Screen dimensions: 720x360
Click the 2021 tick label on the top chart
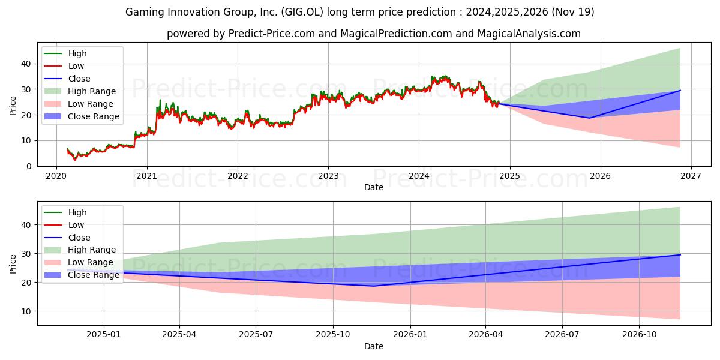pyautogui.click(x=147, y=176)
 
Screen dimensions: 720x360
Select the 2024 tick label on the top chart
pyautogui.click(x=419, y=176)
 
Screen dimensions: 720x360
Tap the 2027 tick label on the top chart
pyautogui.click(x=691, y=176)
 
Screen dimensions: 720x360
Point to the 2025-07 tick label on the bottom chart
pyautogui.click(x=256, y=335)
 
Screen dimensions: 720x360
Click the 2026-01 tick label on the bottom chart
pyautogui.click(x=410, y=335)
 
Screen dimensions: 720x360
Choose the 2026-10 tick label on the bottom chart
pyautogui.click(x=640, y=335)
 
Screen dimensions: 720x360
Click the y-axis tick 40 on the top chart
pyautogui.click(x=26, y=64)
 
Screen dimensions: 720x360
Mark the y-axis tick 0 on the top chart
pyautogui.click(x=29, y=166)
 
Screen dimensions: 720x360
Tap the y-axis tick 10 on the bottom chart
pyautogui.click(x=26, y=311)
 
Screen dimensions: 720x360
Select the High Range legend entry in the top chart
pyautogui.click(x=80, y=91)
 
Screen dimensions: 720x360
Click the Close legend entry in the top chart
pyautogui.click(x=67, y=79)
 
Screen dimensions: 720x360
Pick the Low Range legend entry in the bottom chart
pyautogui.click(x=79, y=262)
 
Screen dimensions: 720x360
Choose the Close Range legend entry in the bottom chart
pyautogui.click(x=82, y=275)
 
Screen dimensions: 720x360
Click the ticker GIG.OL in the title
pyautogui.click(x=302, y=12)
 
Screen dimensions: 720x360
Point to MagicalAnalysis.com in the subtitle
pyautogui.click(x=529, y=34)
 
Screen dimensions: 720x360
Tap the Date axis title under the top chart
pyautogui.click(x=373, y=187)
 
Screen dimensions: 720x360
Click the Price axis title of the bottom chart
pyautogui.click(x=13, y=264)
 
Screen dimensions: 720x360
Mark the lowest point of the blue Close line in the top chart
pyautogui.click(x=589, y=118)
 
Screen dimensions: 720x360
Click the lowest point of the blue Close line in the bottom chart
pyautogui.click(x=373, y=286)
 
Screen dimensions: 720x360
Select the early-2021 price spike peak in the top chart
pyautogui.click(x=160, y=100)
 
